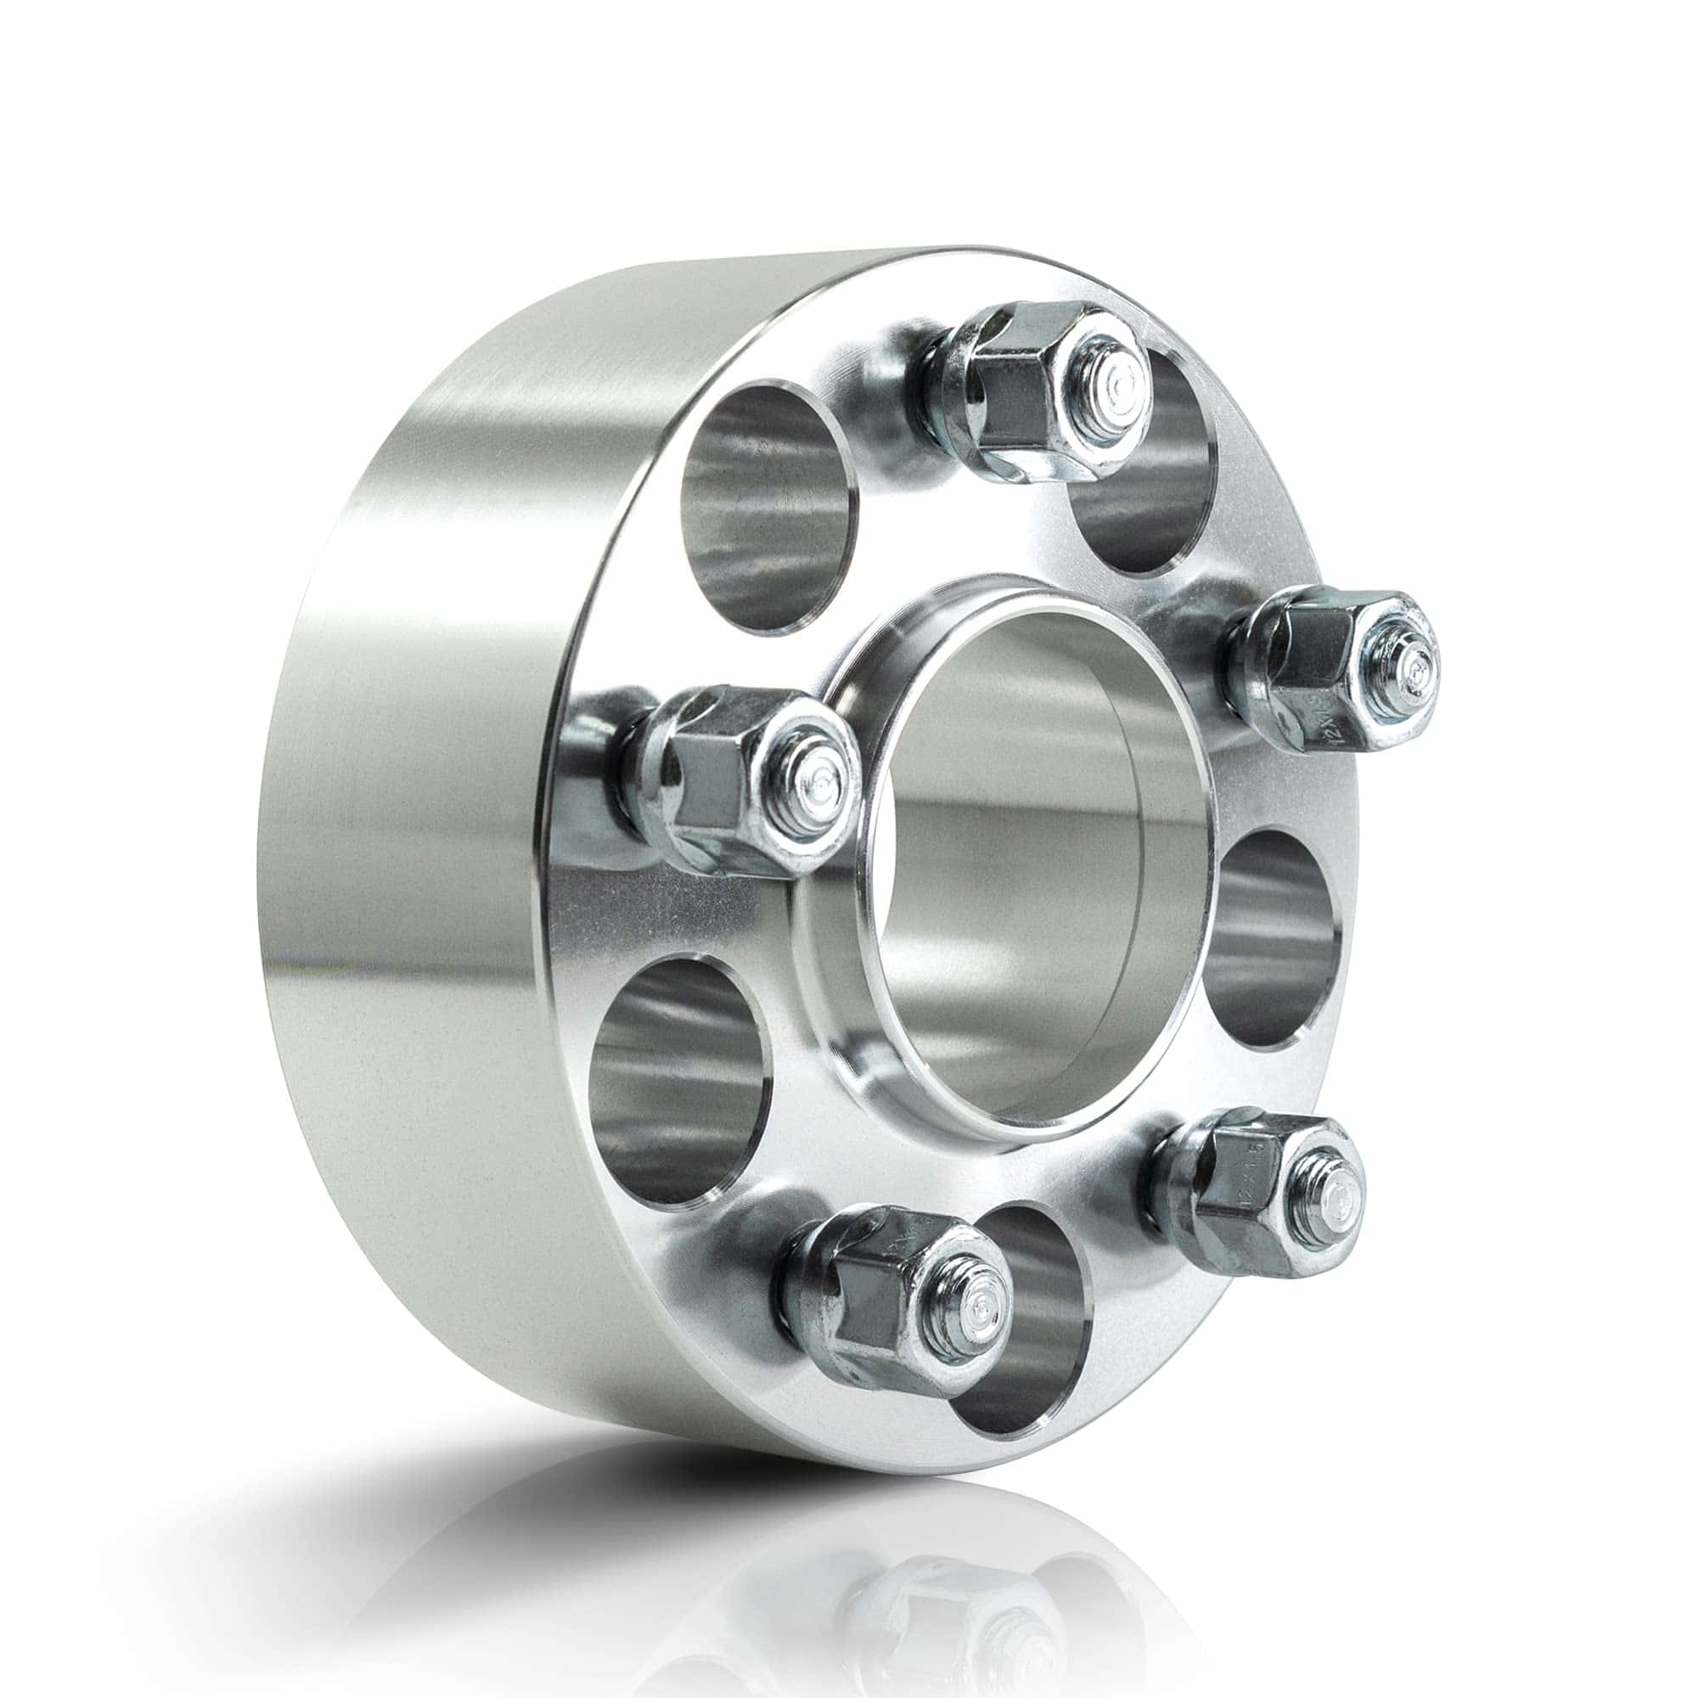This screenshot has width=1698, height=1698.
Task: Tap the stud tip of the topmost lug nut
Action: click(x=1117, y=384)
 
